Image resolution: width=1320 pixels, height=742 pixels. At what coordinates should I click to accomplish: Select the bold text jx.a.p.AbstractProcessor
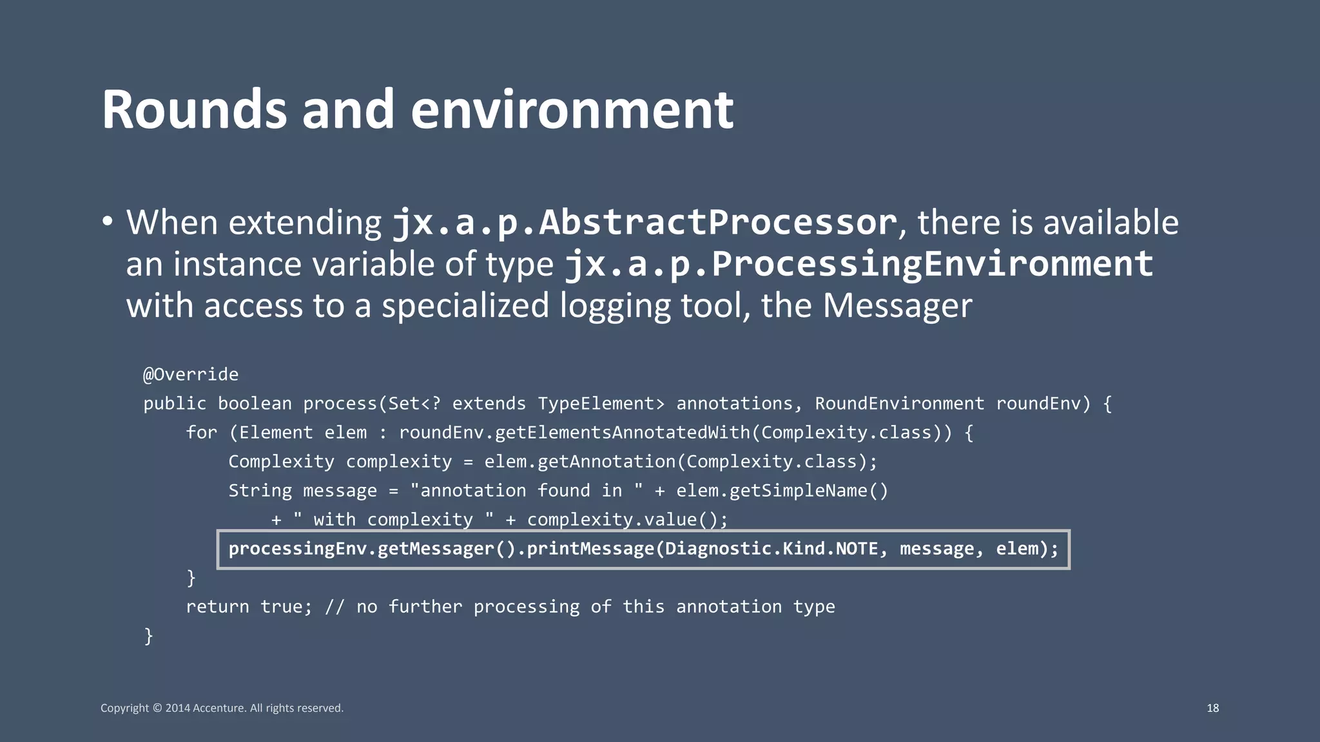(x=645, y=223)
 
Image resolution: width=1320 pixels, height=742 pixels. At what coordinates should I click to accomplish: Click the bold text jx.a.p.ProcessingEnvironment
(x=859, y=264)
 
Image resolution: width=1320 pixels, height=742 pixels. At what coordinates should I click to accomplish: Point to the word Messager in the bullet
(x=897, y=306)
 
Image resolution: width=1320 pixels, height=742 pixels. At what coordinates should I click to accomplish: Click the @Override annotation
(x=191, y=374)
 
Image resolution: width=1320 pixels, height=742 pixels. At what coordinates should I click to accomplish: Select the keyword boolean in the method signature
(x=255, y=404)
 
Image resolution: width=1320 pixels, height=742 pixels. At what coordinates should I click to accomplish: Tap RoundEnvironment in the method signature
(x=899, y=404)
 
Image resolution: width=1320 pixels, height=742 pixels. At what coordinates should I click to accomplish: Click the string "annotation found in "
(x=526, y=491)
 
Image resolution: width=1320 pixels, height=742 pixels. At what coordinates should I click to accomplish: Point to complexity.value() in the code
(x=627, y=520)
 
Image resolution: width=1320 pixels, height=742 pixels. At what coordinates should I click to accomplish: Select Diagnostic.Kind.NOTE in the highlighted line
(x=772, y=549)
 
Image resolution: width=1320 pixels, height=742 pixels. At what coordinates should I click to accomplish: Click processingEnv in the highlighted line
(x=297, y=549)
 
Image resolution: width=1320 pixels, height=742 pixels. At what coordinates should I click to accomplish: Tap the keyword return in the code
(x=217, y=607)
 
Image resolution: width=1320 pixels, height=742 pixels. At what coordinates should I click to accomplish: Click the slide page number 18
(x=1212, y=708)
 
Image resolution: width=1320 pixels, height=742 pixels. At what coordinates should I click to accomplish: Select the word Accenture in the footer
(x=219, y=708)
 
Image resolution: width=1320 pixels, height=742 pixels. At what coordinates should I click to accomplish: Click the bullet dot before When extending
(x=108, y=222)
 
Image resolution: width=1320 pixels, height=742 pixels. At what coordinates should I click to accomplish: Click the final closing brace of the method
(x=148, y=636)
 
